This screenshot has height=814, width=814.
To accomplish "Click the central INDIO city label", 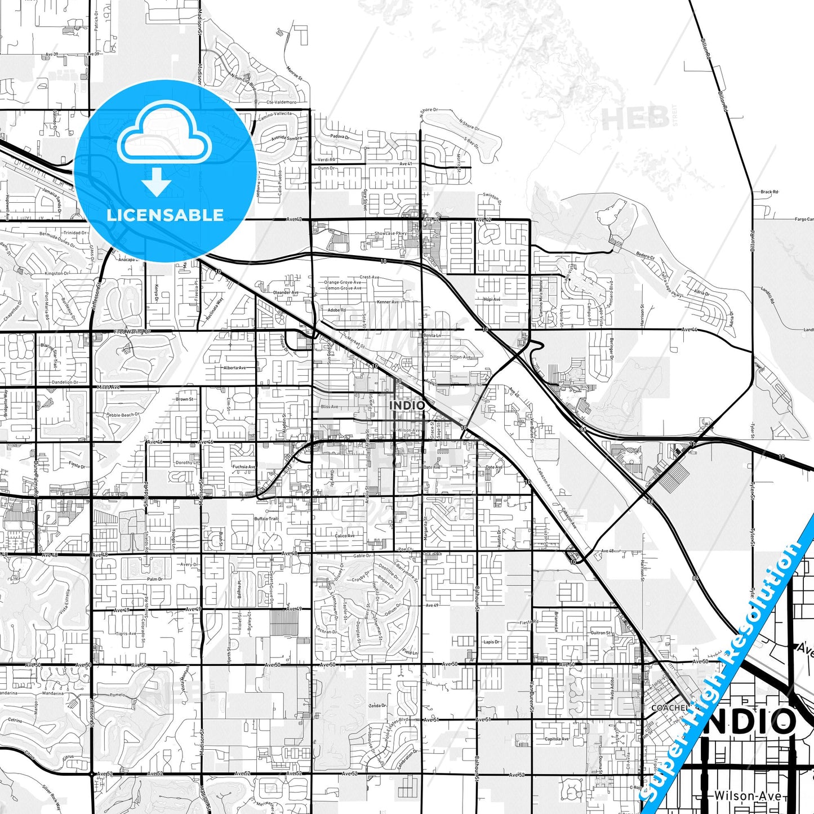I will (x=407, y=405).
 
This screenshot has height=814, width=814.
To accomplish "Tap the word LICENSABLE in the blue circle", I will (x=165, y=215).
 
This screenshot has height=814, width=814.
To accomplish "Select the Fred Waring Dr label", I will (x=133, y=332).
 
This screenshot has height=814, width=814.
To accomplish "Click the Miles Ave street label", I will (x=108, y=388).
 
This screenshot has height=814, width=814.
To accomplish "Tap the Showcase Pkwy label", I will (x=391, y=233).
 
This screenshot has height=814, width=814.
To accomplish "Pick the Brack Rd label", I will (x=769, y=192).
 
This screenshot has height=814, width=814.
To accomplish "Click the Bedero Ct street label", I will (x=646, y=257).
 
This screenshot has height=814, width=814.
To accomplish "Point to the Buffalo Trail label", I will (x=266, y=519).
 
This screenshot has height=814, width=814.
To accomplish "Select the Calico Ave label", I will (x=345, y=536).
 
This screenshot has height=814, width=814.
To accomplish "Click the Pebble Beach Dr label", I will (x=123, y=415).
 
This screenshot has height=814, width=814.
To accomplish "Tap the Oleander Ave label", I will (x=286, y=292).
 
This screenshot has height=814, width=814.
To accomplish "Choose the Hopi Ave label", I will (x=492, y=299).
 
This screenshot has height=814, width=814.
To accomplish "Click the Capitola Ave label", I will (x=557, y=739).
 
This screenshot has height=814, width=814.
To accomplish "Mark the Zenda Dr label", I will (x=377, y=705).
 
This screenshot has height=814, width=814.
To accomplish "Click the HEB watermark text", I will (x=635, y=118).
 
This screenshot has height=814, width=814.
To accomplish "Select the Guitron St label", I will (x=601, y=633).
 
